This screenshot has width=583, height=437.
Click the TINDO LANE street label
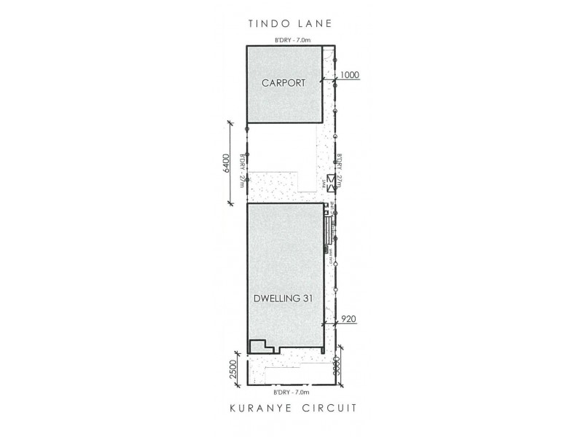[x=290, y=23]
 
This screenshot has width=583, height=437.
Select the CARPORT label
[x=283, y=83]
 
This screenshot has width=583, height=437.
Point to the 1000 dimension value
[x=351, y=75]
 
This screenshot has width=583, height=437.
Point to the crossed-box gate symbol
[x=332, y=184]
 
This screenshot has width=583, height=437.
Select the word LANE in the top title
[x=314, y=23]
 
